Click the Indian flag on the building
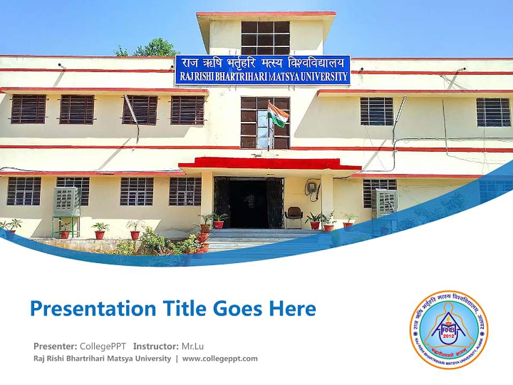278,114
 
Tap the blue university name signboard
262,70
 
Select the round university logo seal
449,329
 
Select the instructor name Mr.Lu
193,346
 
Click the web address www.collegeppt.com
220,358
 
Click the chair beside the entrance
293,217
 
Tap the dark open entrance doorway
248,203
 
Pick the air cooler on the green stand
67,202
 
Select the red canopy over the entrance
270,163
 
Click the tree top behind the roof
152,48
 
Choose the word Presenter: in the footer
55,346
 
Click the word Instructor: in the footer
156,346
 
